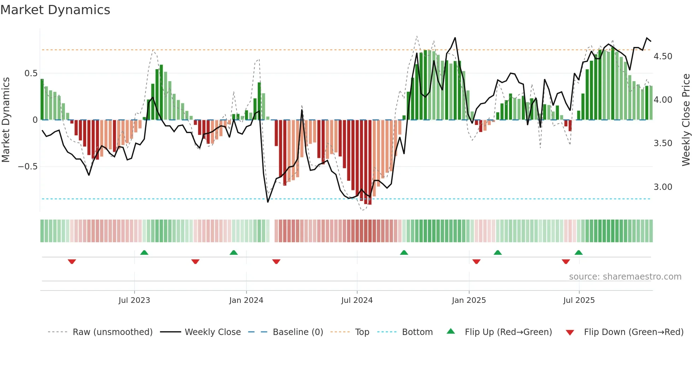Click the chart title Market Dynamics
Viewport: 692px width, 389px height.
click(x=55, y=10)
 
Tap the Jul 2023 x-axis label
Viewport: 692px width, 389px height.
click(x=134, y=300)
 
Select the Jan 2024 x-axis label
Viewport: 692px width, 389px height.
click(x=246, y=300)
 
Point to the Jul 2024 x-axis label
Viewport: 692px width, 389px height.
click(x=357, y=300)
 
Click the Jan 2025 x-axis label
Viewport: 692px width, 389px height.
click(x=469, y=300)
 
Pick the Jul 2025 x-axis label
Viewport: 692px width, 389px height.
click(x=579, y=300)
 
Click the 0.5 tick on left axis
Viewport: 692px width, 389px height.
click(x=31, y=73)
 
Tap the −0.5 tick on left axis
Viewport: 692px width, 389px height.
click(x=28, y=167)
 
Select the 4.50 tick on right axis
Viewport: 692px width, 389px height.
click(x=663, y=56)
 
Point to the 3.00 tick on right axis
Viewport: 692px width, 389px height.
click(x=663, y=187)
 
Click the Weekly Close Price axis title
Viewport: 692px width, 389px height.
click(x=686, y=120)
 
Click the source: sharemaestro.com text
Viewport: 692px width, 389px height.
click(x=625, y=277)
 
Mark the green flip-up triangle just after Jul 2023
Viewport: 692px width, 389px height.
click(x=144, y=252)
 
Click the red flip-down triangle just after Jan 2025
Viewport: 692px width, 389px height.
click(x=476, y=262)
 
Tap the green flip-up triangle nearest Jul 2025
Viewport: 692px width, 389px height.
click(x=578, y=252)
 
